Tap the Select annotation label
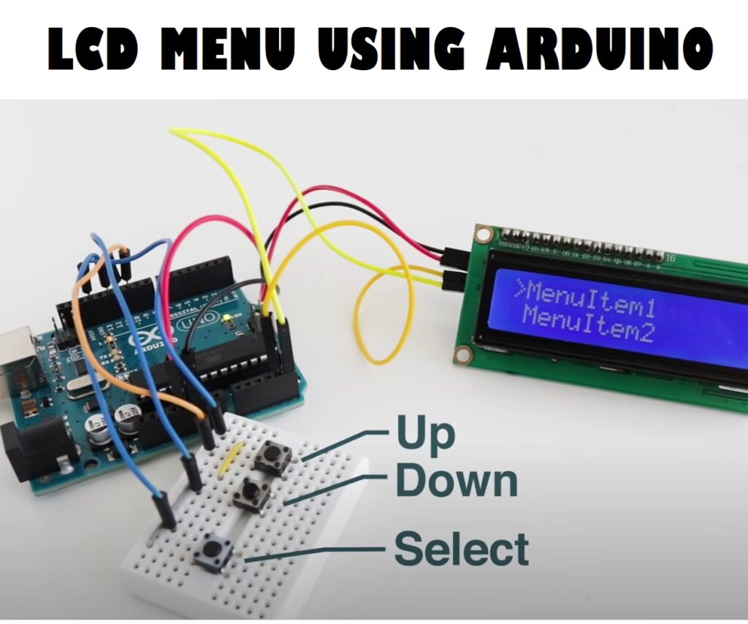(x=462, y=549)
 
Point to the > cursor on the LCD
(x=519, y=289)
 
